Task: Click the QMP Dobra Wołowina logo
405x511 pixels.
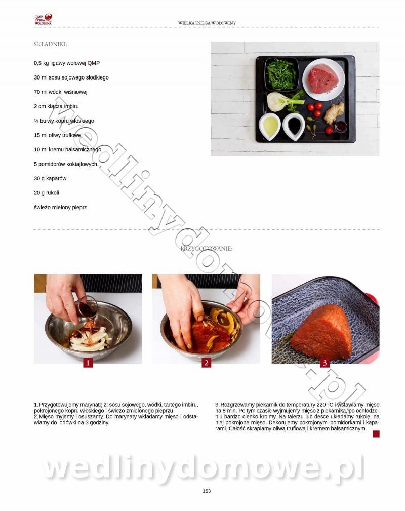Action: pos(43,19)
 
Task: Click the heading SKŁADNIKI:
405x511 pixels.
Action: pos(51,44)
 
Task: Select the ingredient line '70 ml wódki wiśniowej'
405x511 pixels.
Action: pos(61,92)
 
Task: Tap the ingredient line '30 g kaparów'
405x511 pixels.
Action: pos(50,179)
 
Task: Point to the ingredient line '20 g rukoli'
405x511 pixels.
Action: pos(47,193)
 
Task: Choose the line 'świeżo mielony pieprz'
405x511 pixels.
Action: pos(60,207)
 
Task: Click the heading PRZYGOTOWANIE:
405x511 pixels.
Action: pos(207,249)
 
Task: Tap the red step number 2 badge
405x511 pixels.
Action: pos(206,363)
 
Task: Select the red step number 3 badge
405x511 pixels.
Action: pos(325,363)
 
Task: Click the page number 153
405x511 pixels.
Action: pos(207,491)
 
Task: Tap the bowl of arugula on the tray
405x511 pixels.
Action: pos(281,74)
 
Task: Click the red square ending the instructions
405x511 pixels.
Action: pos(376,434)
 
